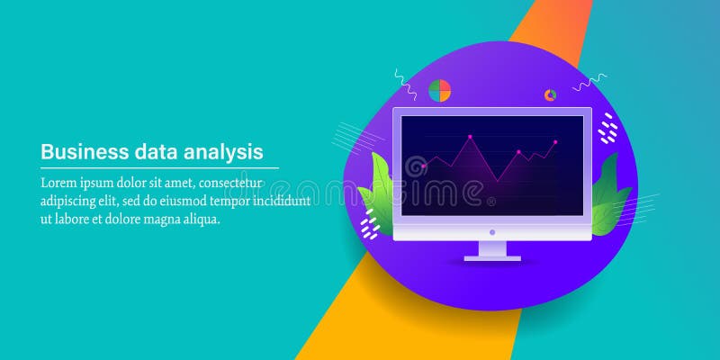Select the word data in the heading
149,150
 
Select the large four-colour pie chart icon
439,90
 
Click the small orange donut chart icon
550,94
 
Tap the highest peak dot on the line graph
468,138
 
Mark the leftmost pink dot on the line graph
423,166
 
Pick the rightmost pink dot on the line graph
555,142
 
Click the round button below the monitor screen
492,232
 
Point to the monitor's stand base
492,257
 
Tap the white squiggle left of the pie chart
406,84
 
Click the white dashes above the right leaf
608,129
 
